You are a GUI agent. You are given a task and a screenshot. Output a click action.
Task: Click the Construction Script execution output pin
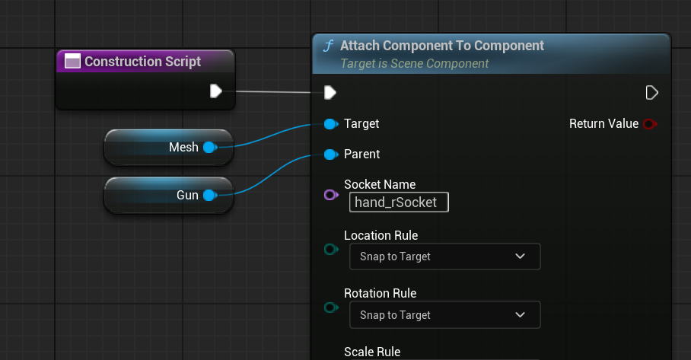[x=215, y=91]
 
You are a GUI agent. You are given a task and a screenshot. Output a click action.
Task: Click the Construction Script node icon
[x=72, y=61]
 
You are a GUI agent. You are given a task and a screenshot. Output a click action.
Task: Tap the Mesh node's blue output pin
[x=210, y=147]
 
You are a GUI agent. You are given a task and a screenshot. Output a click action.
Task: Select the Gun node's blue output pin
[x=210, y=195]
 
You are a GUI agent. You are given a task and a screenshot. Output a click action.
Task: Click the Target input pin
[x=331, y=124]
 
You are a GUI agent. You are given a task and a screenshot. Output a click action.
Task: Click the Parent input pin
[x=331, y=155]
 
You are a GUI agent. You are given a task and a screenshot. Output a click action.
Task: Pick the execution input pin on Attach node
[x=330, y=93]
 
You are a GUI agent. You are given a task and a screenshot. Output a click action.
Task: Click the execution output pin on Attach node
[x=651, y=93]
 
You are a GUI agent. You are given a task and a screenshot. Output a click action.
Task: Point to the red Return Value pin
[x=650, y=124]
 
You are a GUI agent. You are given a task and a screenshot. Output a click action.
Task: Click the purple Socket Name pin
[x=331, y=195]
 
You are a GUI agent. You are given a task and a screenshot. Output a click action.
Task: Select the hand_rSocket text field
[x=399, y=202]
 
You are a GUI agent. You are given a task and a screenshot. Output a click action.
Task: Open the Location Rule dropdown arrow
[x=520, y=256]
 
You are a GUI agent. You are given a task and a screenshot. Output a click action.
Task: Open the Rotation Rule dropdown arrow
[x=520, y=314]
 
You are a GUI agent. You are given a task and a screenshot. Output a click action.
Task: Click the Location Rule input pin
[x=331, y=250]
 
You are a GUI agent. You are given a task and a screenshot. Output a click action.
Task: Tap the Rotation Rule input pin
[x=331, y=307]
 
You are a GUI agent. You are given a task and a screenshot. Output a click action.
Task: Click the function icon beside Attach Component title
[x=328, y=46]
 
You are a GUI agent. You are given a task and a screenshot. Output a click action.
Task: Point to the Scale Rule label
[x=372, y=352]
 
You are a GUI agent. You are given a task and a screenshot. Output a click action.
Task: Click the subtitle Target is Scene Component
[x=414, y=63]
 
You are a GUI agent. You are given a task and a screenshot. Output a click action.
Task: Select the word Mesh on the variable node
[x=183, y=147]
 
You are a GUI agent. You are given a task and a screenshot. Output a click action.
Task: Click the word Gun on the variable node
[x=187, y=195]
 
